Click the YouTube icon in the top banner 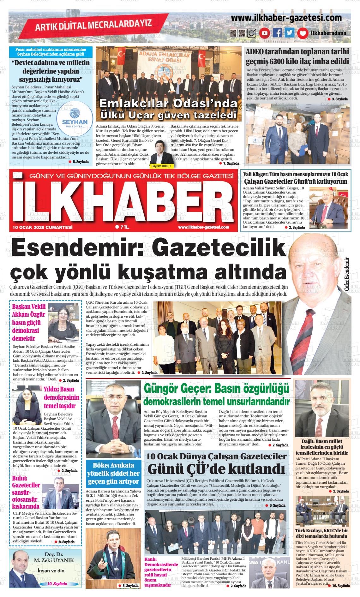click(264, 33)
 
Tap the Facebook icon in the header click(277, 33)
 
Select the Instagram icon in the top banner click(252, 33)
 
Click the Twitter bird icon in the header click(290, 33)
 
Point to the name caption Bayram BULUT click(161, 166)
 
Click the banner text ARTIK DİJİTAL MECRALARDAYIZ click(93, 25)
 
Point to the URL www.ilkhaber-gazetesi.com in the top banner click(286, 18)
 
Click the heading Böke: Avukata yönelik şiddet click(113, 473)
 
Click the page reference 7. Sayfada click(231, 164)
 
